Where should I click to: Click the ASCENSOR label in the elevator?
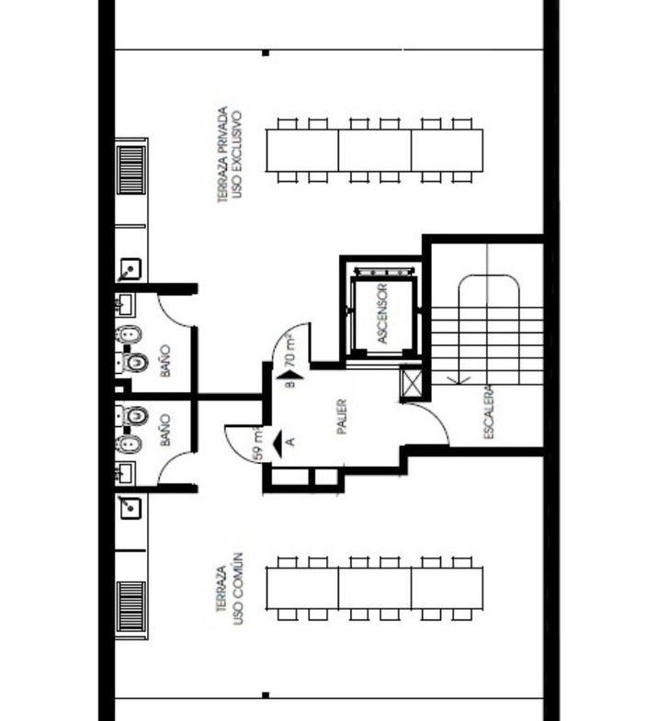coord(382,313)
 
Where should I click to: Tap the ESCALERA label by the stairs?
coord(489,412)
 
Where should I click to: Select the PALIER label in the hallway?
coord(342,417)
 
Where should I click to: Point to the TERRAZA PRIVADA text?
coord(222,154)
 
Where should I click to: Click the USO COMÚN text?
coord(237,588)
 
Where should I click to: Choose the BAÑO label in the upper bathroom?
coord(165,361)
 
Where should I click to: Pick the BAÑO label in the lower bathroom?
coord(165,431)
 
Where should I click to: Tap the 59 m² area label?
coord(258,445)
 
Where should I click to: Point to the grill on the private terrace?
coord(131,170)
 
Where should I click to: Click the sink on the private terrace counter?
coord(131,268)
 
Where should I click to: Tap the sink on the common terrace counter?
coord(131,508)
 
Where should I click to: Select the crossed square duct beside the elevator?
coord(411,380)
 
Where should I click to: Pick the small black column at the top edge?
coord(266,53)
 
